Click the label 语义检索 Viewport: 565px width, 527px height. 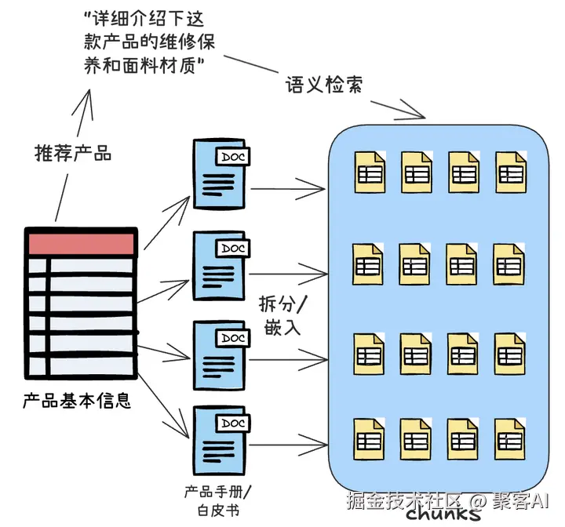pyautogui.click(x=323, y=85)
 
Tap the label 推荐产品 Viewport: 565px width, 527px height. pyautogui.click(x=73, y=153)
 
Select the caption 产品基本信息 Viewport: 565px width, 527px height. pyautogui.click(x=77, y=400)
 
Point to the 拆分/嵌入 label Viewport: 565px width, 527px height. pyautogui.click(x=282, y=315)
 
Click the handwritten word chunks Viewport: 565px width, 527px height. pyautogui.click(x=443, y=513)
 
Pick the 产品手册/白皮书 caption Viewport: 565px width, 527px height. pyautogui.click(x=218, y=501)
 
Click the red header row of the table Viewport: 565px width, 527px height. pyautogui.click(x=81, y=244)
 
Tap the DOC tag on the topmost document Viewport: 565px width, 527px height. pyautogui.click(x=233, y=157)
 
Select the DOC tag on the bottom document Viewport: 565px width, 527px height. pyautogui.click(x=233, y=423)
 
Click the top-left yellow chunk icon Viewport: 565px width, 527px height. pyautogui.click(x=370, y=173)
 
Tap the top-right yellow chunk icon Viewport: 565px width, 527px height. pyautogui.click(x=511, y=173)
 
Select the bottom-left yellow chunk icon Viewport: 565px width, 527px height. pyautogui.click(x=369, y=438)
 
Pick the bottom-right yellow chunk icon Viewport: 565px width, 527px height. pyautogui.click(x=510, y=438)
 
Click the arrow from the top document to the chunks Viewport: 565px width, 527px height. pyautogui.click(x=288, y=188)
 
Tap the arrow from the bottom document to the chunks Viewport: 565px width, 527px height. pyautogui.click(x=288, y=445)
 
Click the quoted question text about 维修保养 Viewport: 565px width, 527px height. pyautogui.click(x=149, y=42)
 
